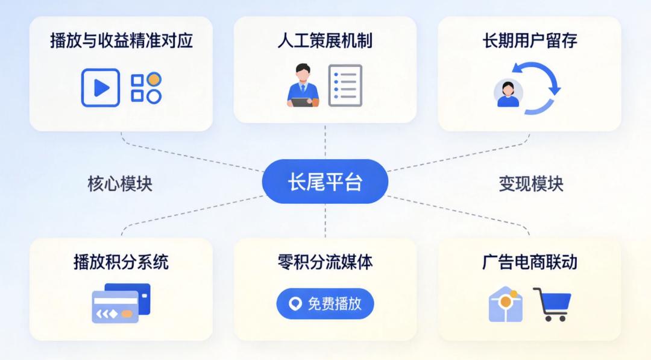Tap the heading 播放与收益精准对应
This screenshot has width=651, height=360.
coord(121,41)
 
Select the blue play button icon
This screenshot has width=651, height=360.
coord(100,88)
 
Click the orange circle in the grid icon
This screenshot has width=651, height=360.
coord(154,79)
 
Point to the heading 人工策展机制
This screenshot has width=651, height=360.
coord(325,41)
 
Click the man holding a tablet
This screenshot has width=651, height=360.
coord(302,86)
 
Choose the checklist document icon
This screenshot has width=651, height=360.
coord(345,86)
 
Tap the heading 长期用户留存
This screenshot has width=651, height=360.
coord(529,41)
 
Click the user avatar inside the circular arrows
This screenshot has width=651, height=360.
coord(508,93)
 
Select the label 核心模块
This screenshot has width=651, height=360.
coord(120,184)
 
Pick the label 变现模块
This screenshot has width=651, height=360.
coord(530,184)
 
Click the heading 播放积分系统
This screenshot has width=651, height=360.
coord(121,262)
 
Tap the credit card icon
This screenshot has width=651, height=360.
coord(121,303)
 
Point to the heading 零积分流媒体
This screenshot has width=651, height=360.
coord(325,262)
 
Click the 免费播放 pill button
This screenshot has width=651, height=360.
coord(325,303)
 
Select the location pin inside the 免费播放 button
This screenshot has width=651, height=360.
coord(295,304)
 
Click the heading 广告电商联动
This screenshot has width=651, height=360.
coord(529,262)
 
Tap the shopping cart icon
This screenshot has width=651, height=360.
coord(552,303)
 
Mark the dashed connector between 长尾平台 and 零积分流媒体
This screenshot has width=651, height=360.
coord(325,220)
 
